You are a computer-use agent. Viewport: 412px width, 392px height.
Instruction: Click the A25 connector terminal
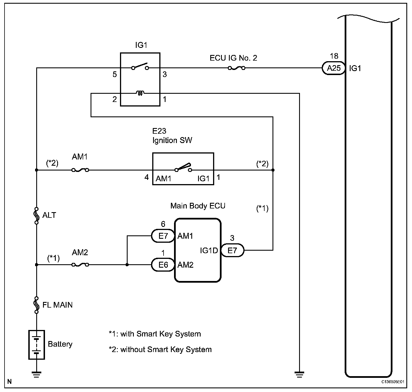point(334,68)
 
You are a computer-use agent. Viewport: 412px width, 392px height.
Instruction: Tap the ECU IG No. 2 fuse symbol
point(237,68)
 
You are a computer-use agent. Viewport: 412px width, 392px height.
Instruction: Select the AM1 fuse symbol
point(80,170)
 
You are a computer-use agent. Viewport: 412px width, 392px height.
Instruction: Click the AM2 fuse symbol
point(80,265)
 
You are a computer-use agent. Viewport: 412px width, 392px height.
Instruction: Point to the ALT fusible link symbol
point(37,216)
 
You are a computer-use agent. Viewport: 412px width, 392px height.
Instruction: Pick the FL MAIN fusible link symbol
point(37,305)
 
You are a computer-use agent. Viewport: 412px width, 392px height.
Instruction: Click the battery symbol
point(37,344)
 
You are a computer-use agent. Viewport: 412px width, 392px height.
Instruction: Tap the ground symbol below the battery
point(37,374)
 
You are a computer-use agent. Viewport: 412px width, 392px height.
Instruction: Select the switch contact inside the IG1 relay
point(140,67)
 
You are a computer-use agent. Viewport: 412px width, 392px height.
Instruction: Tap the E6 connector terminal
point(163,265)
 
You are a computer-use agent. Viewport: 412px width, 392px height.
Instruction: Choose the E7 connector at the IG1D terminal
point(232,250)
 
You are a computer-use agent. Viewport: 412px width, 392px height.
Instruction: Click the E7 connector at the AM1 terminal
point(163,236)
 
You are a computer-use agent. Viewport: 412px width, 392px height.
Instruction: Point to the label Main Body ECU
point(198,206)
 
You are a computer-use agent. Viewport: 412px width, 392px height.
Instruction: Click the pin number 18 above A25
point(334,56)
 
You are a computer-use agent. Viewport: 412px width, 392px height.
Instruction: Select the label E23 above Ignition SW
point(159,131)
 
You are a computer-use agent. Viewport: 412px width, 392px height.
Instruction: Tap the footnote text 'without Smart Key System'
point(166,350)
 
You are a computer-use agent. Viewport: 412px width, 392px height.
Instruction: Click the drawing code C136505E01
point(392,382)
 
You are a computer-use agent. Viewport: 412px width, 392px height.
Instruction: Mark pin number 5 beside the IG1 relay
point(115,74)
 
